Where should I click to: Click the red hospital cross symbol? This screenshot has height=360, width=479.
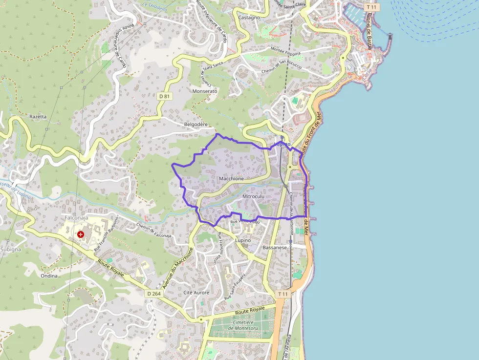tap(81, 234)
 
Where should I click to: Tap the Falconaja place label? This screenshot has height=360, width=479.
tap(76, 217)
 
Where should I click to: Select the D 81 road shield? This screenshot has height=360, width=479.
tap(165, 96)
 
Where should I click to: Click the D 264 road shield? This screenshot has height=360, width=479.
tap(153, 294)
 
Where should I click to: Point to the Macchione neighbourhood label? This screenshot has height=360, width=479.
tap(232, 179)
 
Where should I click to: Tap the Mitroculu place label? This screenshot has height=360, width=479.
tap(253, 196)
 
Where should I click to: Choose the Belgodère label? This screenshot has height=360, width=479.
tap(196, 125)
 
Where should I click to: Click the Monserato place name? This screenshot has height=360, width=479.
tap(205, 91)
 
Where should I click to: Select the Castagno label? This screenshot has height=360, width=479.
tap(249, 18)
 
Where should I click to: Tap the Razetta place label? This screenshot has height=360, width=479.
tap(38, 117)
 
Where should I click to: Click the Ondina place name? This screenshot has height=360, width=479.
tap(49, 275)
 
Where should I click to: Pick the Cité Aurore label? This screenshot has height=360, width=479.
tap(196, 293)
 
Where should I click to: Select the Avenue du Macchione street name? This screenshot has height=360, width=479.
tap(178, 268)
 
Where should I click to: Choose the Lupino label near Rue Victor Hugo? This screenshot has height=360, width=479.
tap(242, 240)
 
